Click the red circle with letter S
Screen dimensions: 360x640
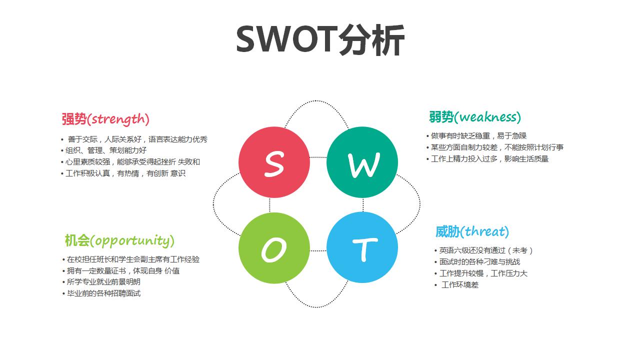click(274, 162)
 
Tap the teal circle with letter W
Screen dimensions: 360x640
click(362, 162)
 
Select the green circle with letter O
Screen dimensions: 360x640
click(274, 248)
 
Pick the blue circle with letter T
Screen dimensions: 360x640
click(362, 248)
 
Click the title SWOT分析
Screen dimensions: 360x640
click(320, 40)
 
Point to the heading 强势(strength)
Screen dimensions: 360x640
click(105, 119)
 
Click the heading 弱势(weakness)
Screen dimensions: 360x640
click(474, 117)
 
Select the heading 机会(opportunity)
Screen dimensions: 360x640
click(119, 240)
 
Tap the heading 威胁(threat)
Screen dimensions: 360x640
click(472, 231)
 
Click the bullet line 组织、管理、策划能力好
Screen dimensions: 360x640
click(106, 150)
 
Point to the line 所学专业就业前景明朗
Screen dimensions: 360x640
click(103, 282)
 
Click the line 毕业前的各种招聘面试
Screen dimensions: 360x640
click(103, 293)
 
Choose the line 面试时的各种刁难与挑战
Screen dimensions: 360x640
click(479, 261)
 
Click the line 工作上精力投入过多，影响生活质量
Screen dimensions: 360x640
click(489, 159)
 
